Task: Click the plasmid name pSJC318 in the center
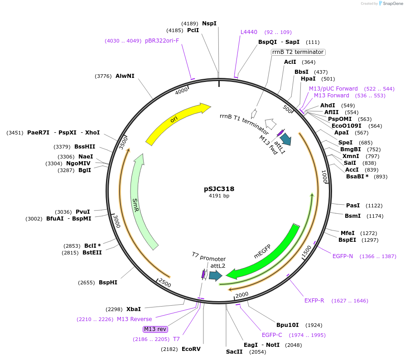click(x=219, y=189)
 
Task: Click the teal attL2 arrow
click(x=216, y=276)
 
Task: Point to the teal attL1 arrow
click(x=286, y=139)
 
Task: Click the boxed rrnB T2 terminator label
click(x=298, y=52)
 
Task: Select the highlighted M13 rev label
click(x=155, y=329)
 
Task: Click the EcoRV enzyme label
click(x=191, y=349)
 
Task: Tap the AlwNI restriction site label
click(x=125, y=76)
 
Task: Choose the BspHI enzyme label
click(x=108, y=283)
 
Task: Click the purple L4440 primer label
click(x=249, y=32)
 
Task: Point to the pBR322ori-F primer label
click(x=162, y=41)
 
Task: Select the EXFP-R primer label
click(x=314, y=301)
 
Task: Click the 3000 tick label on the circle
click(x=117, y=221)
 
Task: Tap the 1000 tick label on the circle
click(x=324, y=177)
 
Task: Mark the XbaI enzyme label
click(x=134, y=309)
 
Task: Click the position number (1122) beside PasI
click(x=374, y=206)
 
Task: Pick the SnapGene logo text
click(x=393, y=4)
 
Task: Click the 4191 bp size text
click(x=219, y=196)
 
